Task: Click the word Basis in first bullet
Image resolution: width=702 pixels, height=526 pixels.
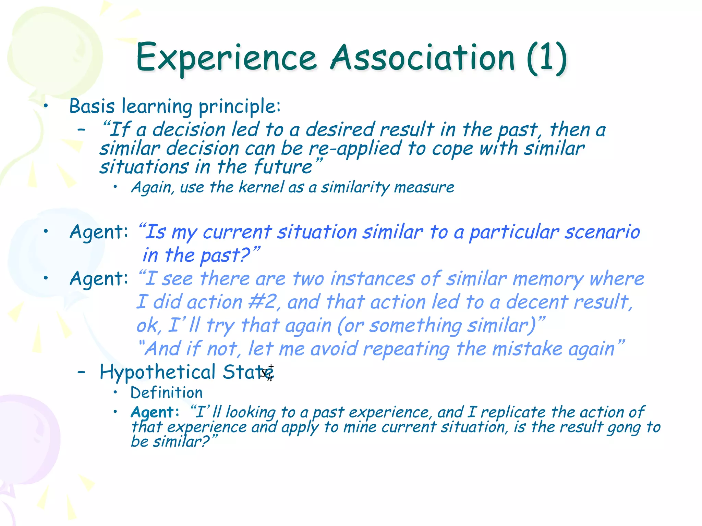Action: pos(92,106)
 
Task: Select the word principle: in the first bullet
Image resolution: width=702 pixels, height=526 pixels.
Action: pos(240,107)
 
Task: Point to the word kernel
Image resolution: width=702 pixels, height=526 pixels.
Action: pos(261,187)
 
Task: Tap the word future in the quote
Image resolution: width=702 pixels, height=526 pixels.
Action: pos(283,167)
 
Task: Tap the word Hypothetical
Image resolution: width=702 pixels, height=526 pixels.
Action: pos(157,372)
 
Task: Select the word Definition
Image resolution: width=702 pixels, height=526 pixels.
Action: pos(167,393)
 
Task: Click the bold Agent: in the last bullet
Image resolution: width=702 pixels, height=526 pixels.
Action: pos(155,412)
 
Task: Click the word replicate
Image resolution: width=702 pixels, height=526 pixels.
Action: pos(513,412)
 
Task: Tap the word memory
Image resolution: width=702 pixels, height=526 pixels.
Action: pos(548,279)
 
